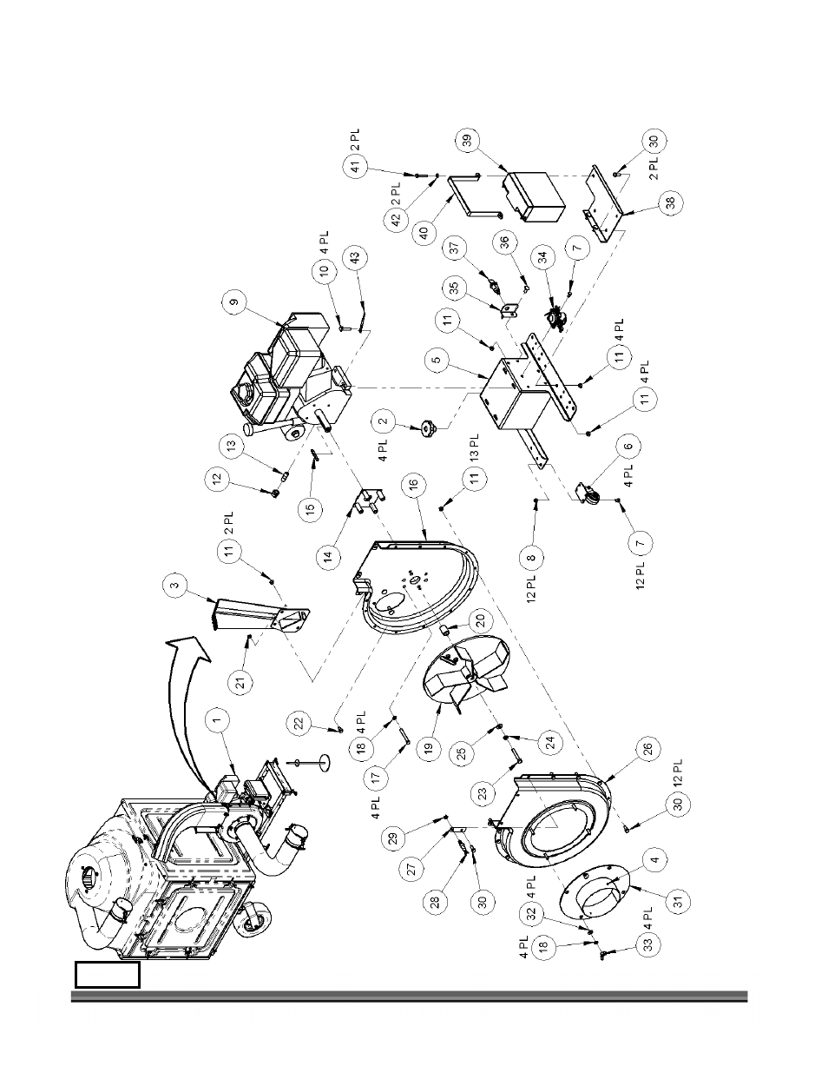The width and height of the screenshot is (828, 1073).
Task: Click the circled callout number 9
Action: [236, 301]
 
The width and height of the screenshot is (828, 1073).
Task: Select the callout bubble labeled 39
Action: [469, 140]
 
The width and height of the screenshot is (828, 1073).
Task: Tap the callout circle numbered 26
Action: [648, 749]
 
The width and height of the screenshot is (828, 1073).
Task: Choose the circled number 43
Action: [356, 258]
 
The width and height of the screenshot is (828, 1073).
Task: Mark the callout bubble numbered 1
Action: [219, 721]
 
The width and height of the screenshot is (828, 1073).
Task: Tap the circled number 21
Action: [241, 684]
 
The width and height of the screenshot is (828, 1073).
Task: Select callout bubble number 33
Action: [648, 944]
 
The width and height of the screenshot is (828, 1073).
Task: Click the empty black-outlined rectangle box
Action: [108, 975]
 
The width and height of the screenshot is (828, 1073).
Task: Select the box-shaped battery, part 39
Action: [534, 197]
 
